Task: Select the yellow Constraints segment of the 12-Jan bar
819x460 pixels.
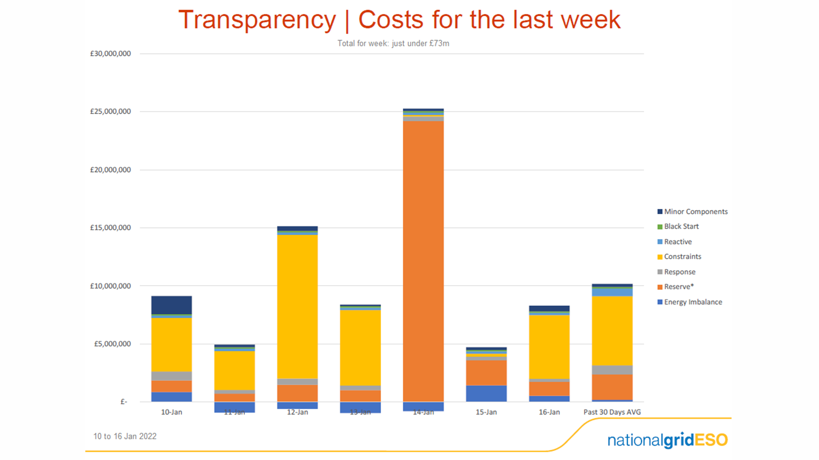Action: pyautogui.click(x=297, y=307)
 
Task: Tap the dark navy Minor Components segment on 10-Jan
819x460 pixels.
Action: pyautogui.click(x=171, y=305)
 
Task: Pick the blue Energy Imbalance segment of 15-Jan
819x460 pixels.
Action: pyautogui.click(x=486, y=393)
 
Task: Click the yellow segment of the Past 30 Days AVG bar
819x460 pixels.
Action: pyautogui.click(x=612, y=331)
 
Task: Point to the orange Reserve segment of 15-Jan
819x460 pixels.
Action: pyautogui.click(x=486, y=373)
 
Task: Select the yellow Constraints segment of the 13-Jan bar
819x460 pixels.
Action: pyautogui.click(x=360, y=348)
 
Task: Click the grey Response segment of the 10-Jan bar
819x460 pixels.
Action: pyautogui.click(x=171, y=376)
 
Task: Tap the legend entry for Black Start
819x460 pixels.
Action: pyautogui.click(x=681, y=227)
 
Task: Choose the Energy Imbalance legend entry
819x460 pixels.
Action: pyautogui.click(x=693, y=302)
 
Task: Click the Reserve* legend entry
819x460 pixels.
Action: pyautogui.click(x=679, y=287)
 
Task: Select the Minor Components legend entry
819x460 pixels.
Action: pyautogui.click(x=695, y=212)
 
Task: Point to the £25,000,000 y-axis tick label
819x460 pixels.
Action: pyautogui.click(x=110, y=112)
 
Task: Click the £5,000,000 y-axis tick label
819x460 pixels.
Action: pyautogui.click(x=113, y=344)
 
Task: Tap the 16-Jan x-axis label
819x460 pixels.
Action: pyautogui.click(x=549, y=412)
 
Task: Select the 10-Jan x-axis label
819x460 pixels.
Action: pyautogui.click(x=171, y=412)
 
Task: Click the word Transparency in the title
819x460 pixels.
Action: pyautogui.click(x=257, y=20)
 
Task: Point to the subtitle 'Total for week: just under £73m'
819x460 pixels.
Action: pyautogui.click(x=393, y=43)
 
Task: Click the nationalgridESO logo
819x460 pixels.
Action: pyautogui.click(x=668, y=440)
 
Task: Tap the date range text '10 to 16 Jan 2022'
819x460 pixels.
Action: pyautogui.click(x=125, y=436)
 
